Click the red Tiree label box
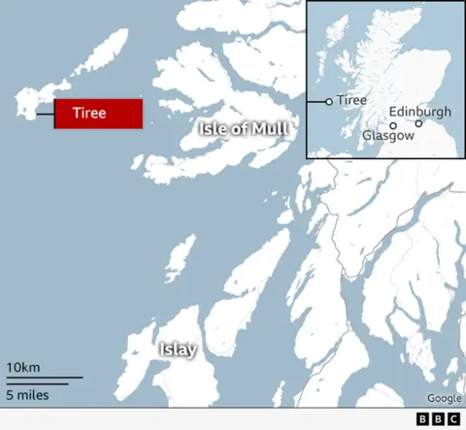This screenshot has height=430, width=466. click(x=98, y=114)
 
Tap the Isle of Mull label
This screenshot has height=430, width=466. click(x=246, y=129)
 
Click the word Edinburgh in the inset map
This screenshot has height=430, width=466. click(x=419, y=112)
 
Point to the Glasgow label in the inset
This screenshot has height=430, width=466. click(x=388, y=137)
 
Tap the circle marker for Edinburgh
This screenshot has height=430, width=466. click(x=418, y=123)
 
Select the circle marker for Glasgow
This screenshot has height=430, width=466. click(x=393, y=125)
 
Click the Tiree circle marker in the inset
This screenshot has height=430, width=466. click(x=329, y=101)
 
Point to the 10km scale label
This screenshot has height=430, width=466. click(x=23, y=367)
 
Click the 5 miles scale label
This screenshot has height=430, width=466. click(x=27, y=394)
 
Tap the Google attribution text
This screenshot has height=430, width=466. click(x=444, y=398)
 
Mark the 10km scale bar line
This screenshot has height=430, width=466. click(x=44, y=378)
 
